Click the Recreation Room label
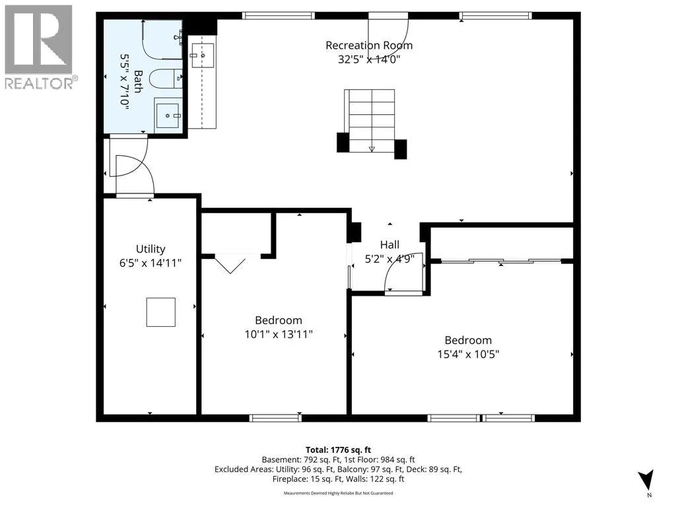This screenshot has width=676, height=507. pos(368,46)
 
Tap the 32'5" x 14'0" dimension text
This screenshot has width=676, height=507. pos(369,59)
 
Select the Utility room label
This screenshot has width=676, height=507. pos(151,249)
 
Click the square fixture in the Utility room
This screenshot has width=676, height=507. pos(161,312)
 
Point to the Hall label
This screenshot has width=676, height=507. pos(389,245)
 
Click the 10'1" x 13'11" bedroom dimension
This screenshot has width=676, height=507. pos(279,334)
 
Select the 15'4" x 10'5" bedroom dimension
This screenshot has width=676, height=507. pos(468,354)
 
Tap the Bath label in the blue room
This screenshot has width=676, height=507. pos(138,81)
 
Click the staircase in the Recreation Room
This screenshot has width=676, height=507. pos(370,121)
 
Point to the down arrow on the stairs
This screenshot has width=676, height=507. pos(372,149)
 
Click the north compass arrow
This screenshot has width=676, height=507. pos(646,479)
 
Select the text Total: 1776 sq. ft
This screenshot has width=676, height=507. pos(338,450)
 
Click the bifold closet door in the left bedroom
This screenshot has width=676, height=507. pos(230,264)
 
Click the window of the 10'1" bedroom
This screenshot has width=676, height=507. pos(275,417)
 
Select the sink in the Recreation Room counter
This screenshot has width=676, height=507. pos(202,55)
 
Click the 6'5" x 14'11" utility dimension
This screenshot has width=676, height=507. pos(151,263)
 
